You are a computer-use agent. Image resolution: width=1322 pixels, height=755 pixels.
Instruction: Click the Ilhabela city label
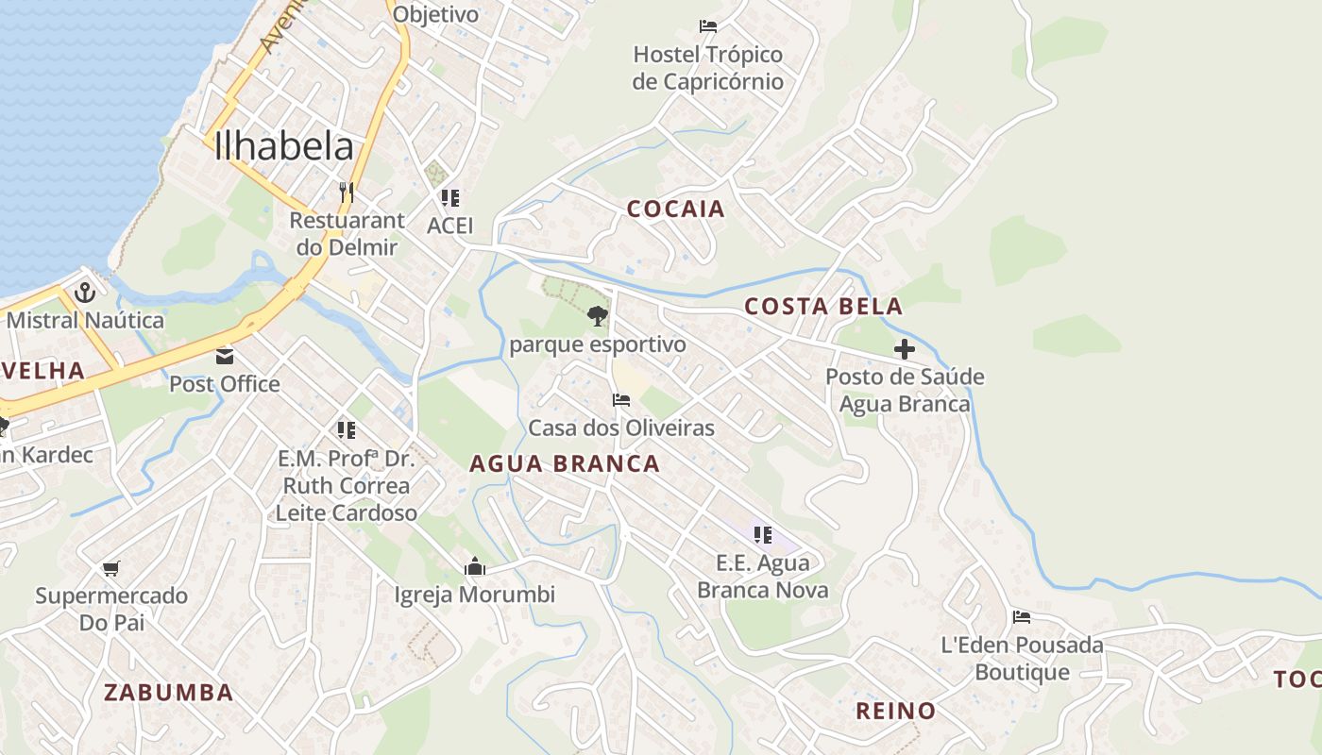pos(284,146)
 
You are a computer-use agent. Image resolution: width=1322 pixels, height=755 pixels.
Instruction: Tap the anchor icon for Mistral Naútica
pos(85,292)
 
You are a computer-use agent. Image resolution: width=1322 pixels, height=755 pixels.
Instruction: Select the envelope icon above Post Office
pos(225,356)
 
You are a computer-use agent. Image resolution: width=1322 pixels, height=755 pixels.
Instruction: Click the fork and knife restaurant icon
pos(347,192)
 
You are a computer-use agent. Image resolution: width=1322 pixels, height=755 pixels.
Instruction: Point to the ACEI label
pos(450,226)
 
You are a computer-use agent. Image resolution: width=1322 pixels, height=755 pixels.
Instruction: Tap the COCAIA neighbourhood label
pos(676,210)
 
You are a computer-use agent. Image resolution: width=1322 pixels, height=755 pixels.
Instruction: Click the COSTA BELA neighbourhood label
pos(823,307)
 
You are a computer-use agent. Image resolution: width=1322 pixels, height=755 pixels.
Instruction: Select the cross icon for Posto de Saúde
pos(905,349)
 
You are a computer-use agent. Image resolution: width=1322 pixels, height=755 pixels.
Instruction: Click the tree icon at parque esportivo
pos(597,316)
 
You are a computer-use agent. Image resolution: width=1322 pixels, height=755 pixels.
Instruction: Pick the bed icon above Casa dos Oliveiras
pos(621,400)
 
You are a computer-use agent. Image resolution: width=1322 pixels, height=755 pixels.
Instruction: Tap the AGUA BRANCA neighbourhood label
pos(565,464)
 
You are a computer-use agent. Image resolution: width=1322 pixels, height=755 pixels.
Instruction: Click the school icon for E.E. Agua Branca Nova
pos(763,535)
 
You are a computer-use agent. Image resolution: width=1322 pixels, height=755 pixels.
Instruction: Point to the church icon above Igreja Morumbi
pos(474,566)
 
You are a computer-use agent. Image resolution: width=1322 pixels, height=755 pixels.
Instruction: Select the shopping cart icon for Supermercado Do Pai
pos(111,568)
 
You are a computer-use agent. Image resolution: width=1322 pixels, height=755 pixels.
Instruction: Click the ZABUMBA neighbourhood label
pos(168,693)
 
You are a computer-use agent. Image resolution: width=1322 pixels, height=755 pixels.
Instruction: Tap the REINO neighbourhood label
pos(895,712)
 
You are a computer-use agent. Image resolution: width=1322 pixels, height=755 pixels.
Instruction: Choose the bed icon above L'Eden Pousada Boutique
pos(1022,617)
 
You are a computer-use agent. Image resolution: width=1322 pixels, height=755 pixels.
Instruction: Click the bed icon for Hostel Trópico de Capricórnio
pos(708,25)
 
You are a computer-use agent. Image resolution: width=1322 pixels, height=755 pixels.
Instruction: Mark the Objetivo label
pos(435,14)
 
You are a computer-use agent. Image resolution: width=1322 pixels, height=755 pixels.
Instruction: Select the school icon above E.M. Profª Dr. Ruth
pos(347,430)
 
